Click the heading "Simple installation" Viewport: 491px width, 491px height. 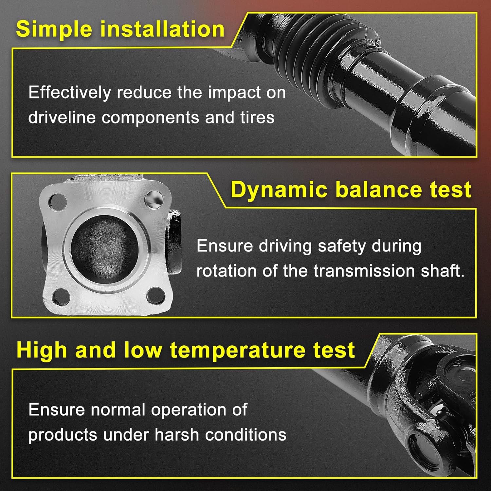[120, 29]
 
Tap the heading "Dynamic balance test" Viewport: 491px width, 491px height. [351, 190]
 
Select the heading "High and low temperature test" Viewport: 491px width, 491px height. [186, 350]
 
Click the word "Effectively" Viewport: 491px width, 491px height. [69, 93]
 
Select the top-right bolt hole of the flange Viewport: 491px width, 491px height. [154, 199]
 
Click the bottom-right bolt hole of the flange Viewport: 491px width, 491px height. [156, 295]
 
